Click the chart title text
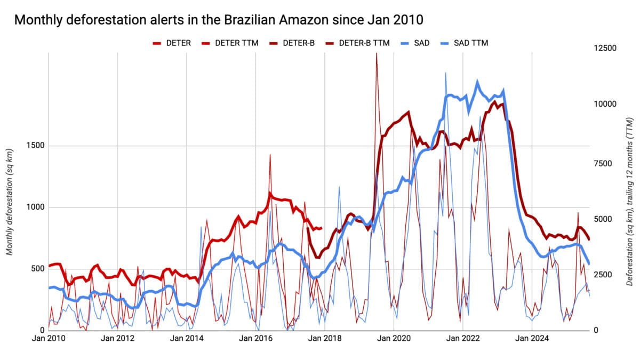pos(218,20)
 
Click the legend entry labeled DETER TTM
pos(236,43)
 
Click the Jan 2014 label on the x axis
pos(186,338)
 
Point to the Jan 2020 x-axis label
pos(394,338)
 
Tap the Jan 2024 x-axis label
pos(532,338)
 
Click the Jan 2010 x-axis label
pos(48,338)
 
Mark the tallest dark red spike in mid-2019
pos(377,54)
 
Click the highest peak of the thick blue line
pos(477,82)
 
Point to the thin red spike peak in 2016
pos(270,154)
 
